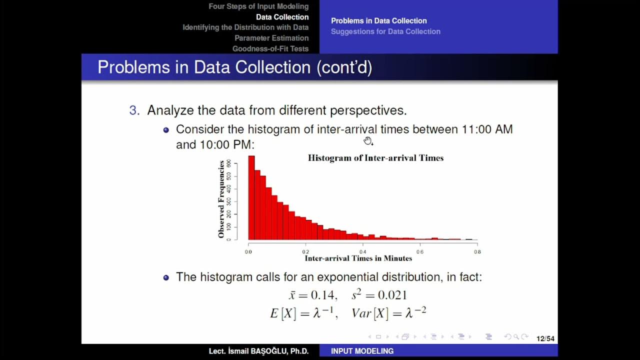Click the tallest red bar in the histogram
point(251,197)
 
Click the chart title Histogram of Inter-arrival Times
point(375,158)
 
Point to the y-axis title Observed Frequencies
point(221,199)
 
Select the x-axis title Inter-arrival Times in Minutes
point(358,258)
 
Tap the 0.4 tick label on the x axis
point(363,252)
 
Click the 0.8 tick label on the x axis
point(477,252)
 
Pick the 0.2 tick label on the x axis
point(305,252)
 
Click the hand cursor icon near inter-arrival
point(368,141)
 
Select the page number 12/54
point(545,338)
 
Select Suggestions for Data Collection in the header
point(385,31)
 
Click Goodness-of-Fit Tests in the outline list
point(270,48)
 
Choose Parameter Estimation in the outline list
point(271,38)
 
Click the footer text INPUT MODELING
point(362,351)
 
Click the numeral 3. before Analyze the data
point(134,110)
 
